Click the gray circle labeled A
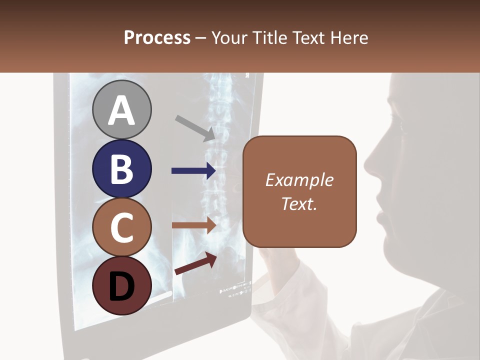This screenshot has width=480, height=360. click(x=121, y=109)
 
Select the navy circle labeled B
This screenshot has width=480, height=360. click(x=121, y=168)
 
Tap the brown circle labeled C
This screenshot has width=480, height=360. click(x=121, y=227)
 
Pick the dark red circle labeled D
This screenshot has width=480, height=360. click(x=121, y=286)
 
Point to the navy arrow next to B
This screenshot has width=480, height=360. click(x=193, y=171)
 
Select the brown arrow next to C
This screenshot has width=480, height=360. click(x=193, y=225)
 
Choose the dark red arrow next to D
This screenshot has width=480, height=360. click(x=195, y=263)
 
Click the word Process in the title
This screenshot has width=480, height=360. click(x=157, y=37)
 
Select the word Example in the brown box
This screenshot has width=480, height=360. click(x=299, y=180)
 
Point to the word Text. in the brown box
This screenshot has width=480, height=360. click(x=299, y=203)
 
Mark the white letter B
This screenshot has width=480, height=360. click(x=121, y=169)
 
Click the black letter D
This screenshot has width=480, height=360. click(x=121, y=286)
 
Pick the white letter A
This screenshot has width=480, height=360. click(x=121, y=110)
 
